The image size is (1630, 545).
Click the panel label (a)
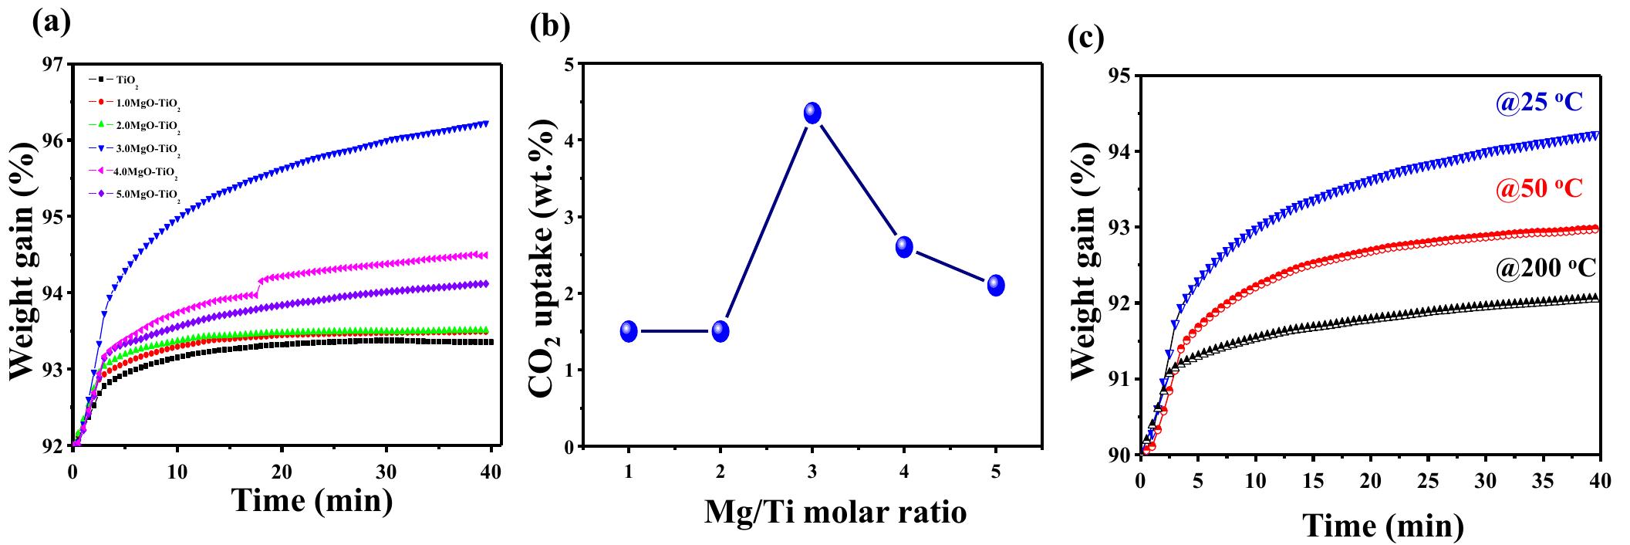(51, 22)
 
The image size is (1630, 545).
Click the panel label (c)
(1085, 37)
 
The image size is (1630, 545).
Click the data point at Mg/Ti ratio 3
(812, 113)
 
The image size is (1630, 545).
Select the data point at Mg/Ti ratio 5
(996, 285)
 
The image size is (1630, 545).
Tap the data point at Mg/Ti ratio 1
(629, 331)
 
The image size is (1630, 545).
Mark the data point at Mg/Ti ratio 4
(904, 247)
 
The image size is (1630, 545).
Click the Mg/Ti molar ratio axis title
(835, 512)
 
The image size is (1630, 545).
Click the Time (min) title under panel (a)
(312, 502)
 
